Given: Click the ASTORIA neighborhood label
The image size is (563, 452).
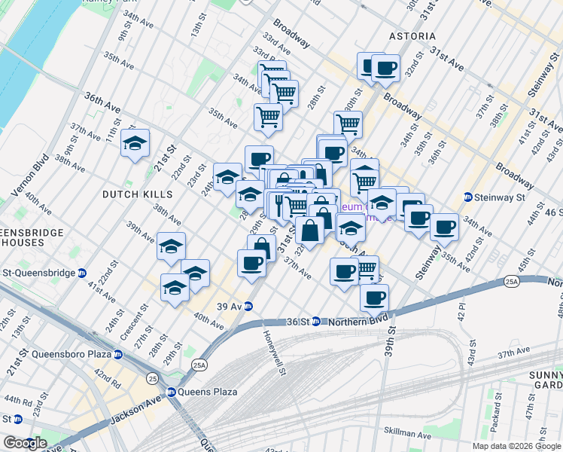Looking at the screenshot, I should (x=412, y=36).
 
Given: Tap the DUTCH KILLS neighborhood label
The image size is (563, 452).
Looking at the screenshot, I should (x=137, y=194).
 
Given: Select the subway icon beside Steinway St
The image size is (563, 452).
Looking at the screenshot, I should (x=467, y=197).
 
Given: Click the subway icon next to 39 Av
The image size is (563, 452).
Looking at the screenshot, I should (x=248, y=306).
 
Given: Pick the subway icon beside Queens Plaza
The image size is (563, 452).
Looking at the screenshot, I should (x=172, y=392).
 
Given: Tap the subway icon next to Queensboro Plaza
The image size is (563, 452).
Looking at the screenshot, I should (x=117, y=354).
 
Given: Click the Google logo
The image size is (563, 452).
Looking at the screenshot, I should (x=24, y=443).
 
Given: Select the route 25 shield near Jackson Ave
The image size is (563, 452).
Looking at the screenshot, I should (x=153, y=377).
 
